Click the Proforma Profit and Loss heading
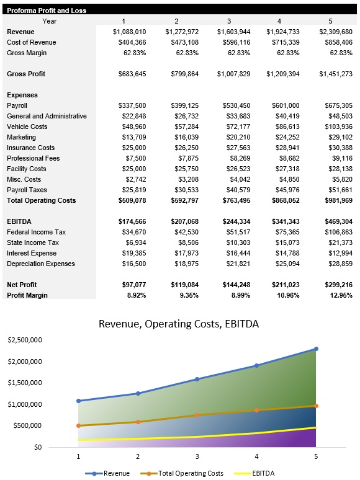(47, 11)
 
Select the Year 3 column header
(228, 21)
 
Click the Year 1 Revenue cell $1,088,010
(129, 32)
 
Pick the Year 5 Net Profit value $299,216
(336, 285)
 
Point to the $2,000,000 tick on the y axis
(24, 362)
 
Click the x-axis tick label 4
(256, 456)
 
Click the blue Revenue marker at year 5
(316, 349)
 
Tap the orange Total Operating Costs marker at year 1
(78, 425)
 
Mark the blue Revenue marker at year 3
(197, 379)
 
